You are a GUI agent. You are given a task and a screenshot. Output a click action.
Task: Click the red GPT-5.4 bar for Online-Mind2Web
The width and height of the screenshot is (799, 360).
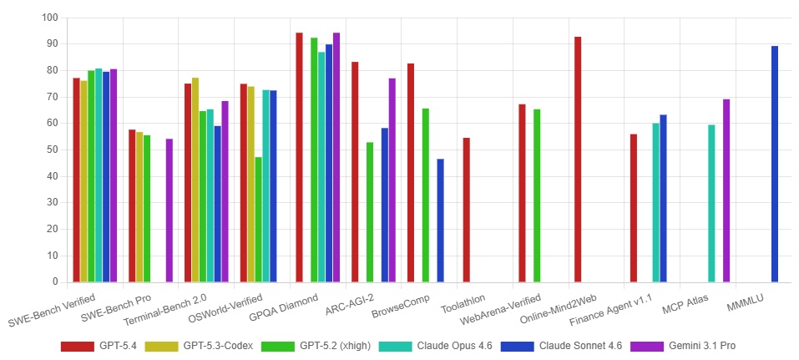click(578, 160)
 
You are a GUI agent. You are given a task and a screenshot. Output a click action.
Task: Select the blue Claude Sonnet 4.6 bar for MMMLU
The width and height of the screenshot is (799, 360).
click(775, 164)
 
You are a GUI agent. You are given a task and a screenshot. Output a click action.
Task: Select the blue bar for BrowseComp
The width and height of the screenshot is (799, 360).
click(441, 221)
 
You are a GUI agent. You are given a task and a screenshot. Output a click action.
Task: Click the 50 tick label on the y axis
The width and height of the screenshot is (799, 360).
click(51, 150)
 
